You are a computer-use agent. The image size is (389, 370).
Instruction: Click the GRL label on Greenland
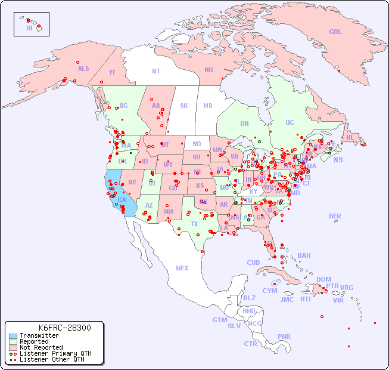coord(335,32)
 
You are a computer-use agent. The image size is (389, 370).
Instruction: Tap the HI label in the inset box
coord(29,28)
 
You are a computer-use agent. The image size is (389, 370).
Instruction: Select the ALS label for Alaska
coord(83,69)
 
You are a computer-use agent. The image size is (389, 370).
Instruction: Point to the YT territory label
coord(112,72)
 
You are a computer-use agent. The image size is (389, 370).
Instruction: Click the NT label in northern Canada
coord(155,71)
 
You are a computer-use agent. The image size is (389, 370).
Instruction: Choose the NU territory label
coord(208,70)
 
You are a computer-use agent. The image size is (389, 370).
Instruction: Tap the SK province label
coord(184,106)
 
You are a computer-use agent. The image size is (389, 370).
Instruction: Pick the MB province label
coord(207,106)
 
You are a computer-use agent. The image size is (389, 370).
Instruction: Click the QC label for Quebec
coord(290,122)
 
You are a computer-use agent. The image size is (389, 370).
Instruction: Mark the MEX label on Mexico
coord(182,268)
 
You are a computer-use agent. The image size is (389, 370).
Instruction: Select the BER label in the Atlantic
coord(335,216)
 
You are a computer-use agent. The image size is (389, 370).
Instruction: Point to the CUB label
coord(253,263)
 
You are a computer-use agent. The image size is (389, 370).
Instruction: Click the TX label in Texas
coord(194,224)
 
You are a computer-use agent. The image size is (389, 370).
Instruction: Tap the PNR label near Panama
coord(284,337)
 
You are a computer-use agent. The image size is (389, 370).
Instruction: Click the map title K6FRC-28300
coord(64,328)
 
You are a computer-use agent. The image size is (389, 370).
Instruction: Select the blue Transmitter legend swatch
coord(13,336)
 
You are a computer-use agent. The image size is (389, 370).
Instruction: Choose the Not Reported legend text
coord(41,347)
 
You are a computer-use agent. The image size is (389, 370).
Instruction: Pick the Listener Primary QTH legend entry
coord(55,353)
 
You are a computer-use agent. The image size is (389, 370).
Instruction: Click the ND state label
coord(197,144)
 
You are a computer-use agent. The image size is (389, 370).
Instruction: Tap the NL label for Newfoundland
coord(350,137)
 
